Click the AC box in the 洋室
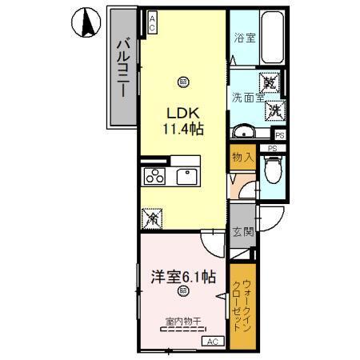(x=214, y=342)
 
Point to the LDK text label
(x=184, y=112)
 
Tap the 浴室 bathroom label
(x=244, y=38)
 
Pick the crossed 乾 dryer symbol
(x=271, y=84)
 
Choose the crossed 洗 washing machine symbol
(x=274, y=108)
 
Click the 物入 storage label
(x=242, y=158)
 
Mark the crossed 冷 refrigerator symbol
(x=150, y=217)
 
